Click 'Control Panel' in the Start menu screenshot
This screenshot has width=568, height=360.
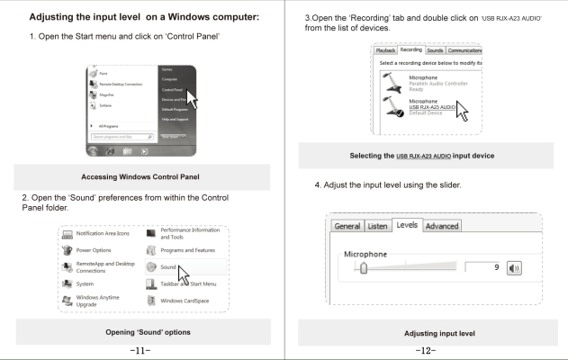(170, 90)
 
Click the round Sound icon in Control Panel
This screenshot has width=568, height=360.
(149, 267)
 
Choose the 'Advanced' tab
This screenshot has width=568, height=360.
(441, 225)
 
